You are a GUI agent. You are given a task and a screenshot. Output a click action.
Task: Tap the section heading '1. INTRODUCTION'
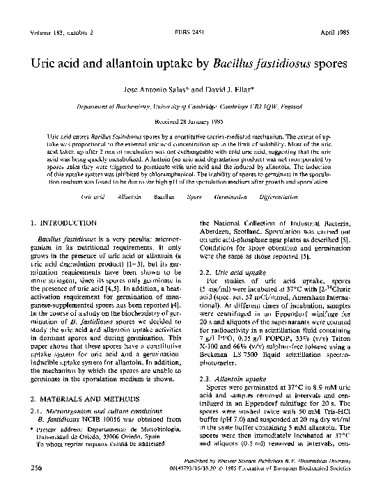[x=63, y=223]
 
